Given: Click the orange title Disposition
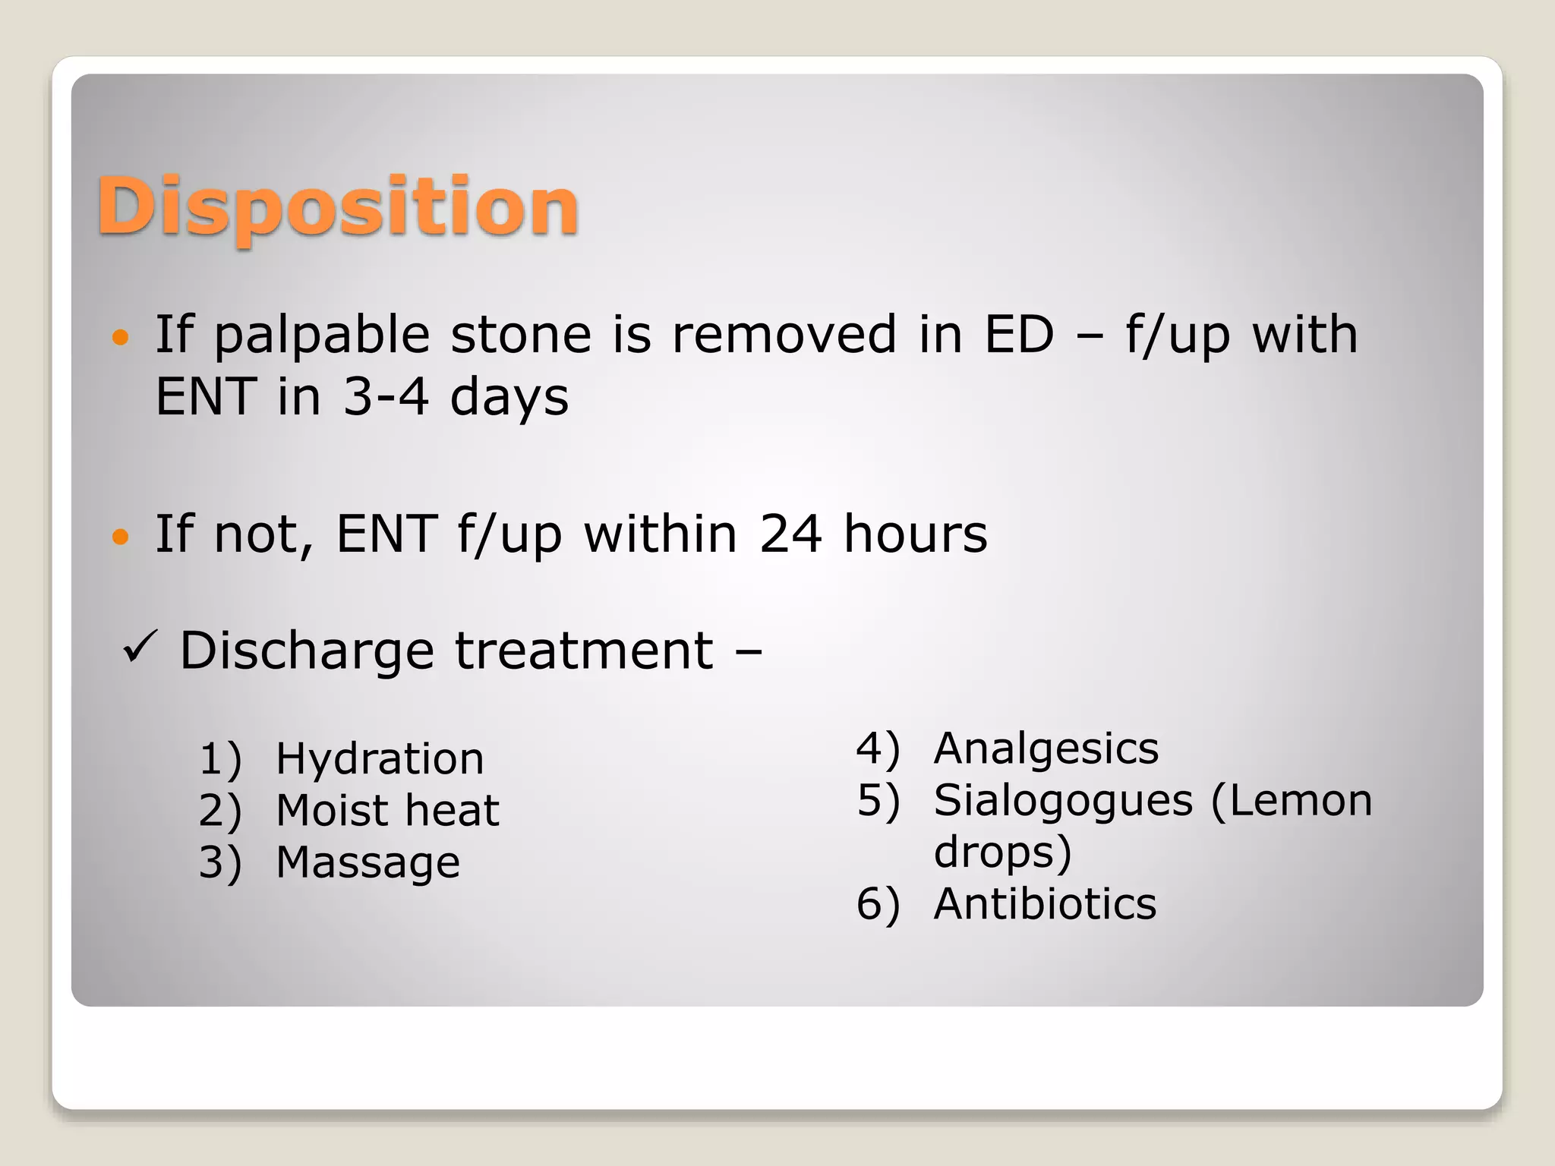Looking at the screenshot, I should tap(338, 207).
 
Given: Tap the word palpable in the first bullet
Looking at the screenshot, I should tap(323, 336).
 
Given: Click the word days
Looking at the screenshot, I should tap(509, 398).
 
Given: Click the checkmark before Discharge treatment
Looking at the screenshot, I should tap(139, 648).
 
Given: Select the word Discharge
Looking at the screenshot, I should tap(307, 651).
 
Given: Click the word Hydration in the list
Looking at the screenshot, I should tap(380, 758).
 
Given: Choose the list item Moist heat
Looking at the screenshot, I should tap(387, 810).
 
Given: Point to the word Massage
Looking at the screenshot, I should tap(367, 863).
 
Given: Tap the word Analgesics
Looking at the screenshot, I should tap(1046, 748).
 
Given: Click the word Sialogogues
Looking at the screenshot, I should tap(1063, 802).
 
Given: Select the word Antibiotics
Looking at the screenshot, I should tap(1045, 904).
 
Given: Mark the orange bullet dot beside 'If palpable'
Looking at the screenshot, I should tap(120, 337).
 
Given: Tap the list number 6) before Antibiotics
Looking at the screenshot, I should tap(878, 905).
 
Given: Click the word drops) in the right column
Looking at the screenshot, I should tap(1002, 852).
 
